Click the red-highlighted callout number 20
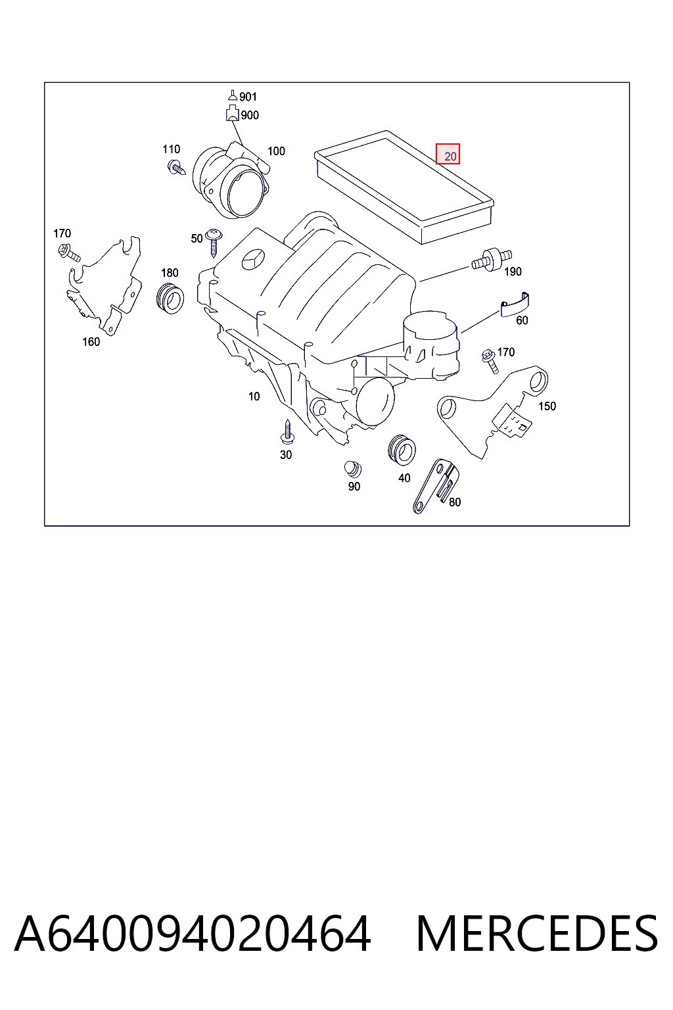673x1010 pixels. coord(450,156)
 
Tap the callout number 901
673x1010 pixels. coord(248,97)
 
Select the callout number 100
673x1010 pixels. coord(276,151)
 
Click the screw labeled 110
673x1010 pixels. coord(176,168)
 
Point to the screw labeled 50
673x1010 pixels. coord(213,243)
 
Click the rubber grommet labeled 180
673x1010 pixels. coord(170,298)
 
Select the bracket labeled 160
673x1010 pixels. coord(104,285)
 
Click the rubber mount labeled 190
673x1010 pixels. coord(492,260)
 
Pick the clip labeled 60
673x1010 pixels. coord(515,305)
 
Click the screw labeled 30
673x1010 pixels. coord(287,431)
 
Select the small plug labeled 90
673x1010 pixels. coord(352,469)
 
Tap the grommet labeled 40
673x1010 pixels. coord(402,450)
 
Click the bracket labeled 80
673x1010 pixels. coord(436,486)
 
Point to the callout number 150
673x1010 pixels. coord(547,406)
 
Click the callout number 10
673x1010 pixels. coord(254,397)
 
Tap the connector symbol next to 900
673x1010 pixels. coord(232,112)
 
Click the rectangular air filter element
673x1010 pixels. coord(404,187)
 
